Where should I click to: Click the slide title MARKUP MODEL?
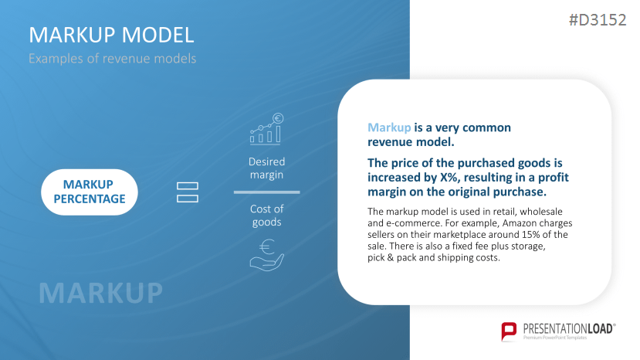pyautogui.click(x=111, y=35)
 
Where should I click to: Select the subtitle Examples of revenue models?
pyautogui.click(x=112, y=59)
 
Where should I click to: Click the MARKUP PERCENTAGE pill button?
pyautogui.click(x=88, y=192)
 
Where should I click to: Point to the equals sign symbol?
pyautogui.click(x=188, y=192)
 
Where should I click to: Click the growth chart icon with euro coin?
pyautogui.click(x=266, y=130)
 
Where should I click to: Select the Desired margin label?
pyautogui.click(x=266, y=168)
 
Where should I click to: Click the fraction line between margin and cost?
pyautogui.click(x=266, y=192)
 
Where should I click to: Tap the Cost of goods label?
pyautogui.click(x=266, y=216)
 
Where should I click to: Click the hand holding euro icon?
pyautogui.click(x=266, y=254)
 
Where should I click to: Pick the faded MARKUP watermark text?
pyautogui.click(x=100, y=293)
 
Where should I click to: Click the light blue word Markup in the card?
pyautogui.click(x=389, y=127)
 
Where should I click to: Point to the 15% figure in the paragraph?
pyautogui.click(x=527, y=234)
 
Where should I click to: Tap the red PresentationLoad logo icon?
pyautogui.click(x=509, y=331)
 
